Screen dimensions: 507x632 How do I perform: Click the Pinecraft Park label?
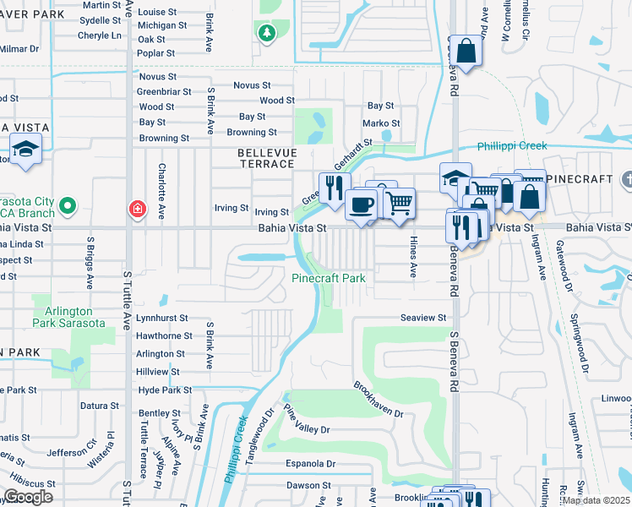pos(329,278)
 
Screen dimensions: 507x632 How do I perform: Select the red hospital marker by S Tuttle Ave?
pos(136,208)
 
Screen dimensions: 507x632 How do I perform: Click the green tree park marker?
pos(267,33)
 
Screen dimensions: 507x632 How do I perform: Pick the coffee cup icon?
pos(361,204)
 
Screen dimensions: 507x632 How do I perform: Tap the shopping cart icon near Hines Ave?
pos(399,203)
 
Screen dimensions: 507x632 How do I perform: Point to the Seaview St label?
pos(422,318)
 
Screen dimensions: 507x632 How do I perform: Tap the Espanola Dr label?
pos(309,464)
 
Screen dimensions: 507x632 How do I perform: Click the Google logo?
pos(28,496)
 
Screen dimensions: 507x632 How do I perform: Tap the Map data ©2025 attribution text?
pos(596,500)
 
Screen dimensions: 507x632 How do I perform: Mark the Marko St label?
pos(380,123)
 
